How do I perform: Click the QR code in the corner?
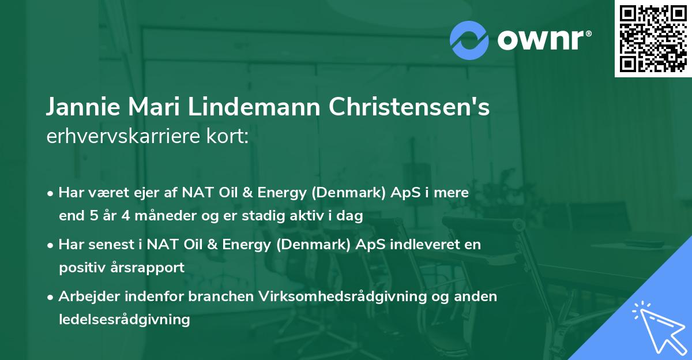[653, 39]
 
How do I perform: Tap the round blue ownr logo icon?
[469, 40]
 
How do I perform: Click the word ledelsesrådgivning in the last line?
[124, 320]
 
